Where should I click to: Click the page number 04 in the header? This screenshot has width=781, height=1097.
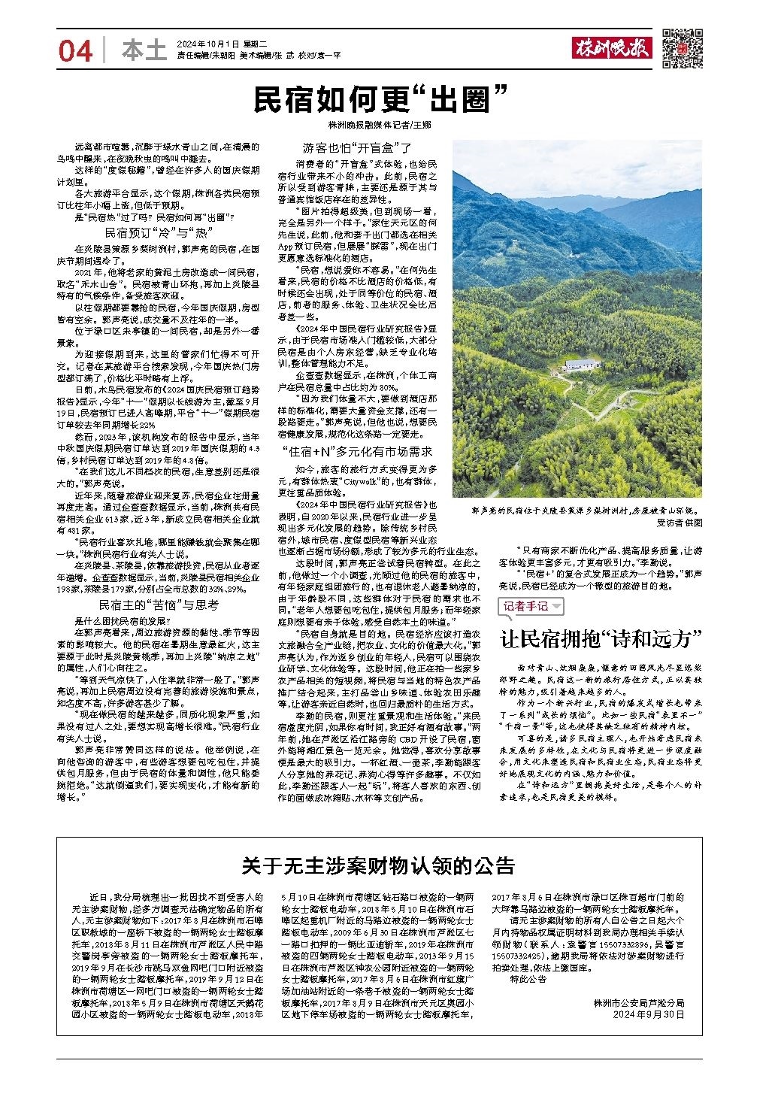coord(76,51)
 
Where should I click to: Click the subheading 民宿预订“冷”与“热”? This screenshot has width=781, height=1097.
coord(159,232)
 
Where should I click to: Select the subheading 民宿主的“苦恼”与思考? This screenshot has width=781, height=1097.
coord(159,605)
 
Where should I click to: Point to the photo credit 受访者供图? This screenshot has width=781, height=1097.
coord(679,522)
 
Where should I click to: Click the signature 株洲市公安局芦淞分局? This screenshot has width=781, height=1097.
coord(638,1002)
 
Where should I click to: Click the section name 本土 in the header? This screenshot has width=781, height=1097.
coord(143,50)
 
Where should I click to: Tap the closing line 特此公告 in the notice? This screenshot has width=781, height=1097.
coord(528,979)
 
